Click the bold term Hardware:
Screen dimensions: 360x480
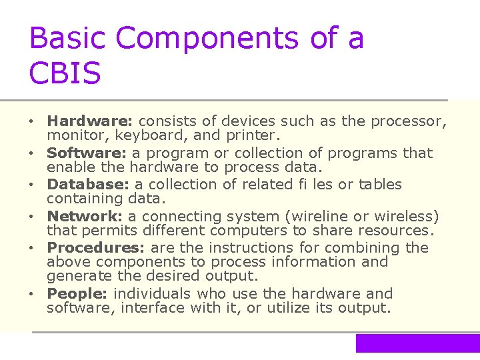click(90, 121)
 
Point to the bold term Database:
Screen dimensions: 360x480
click(89, 184)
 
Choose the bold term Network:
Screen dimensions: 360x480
click(85, 216)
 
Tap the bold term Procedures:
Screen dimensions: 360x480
click(97, 247)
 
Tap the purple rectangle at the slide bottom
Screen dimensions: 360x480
click(417, 343)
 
